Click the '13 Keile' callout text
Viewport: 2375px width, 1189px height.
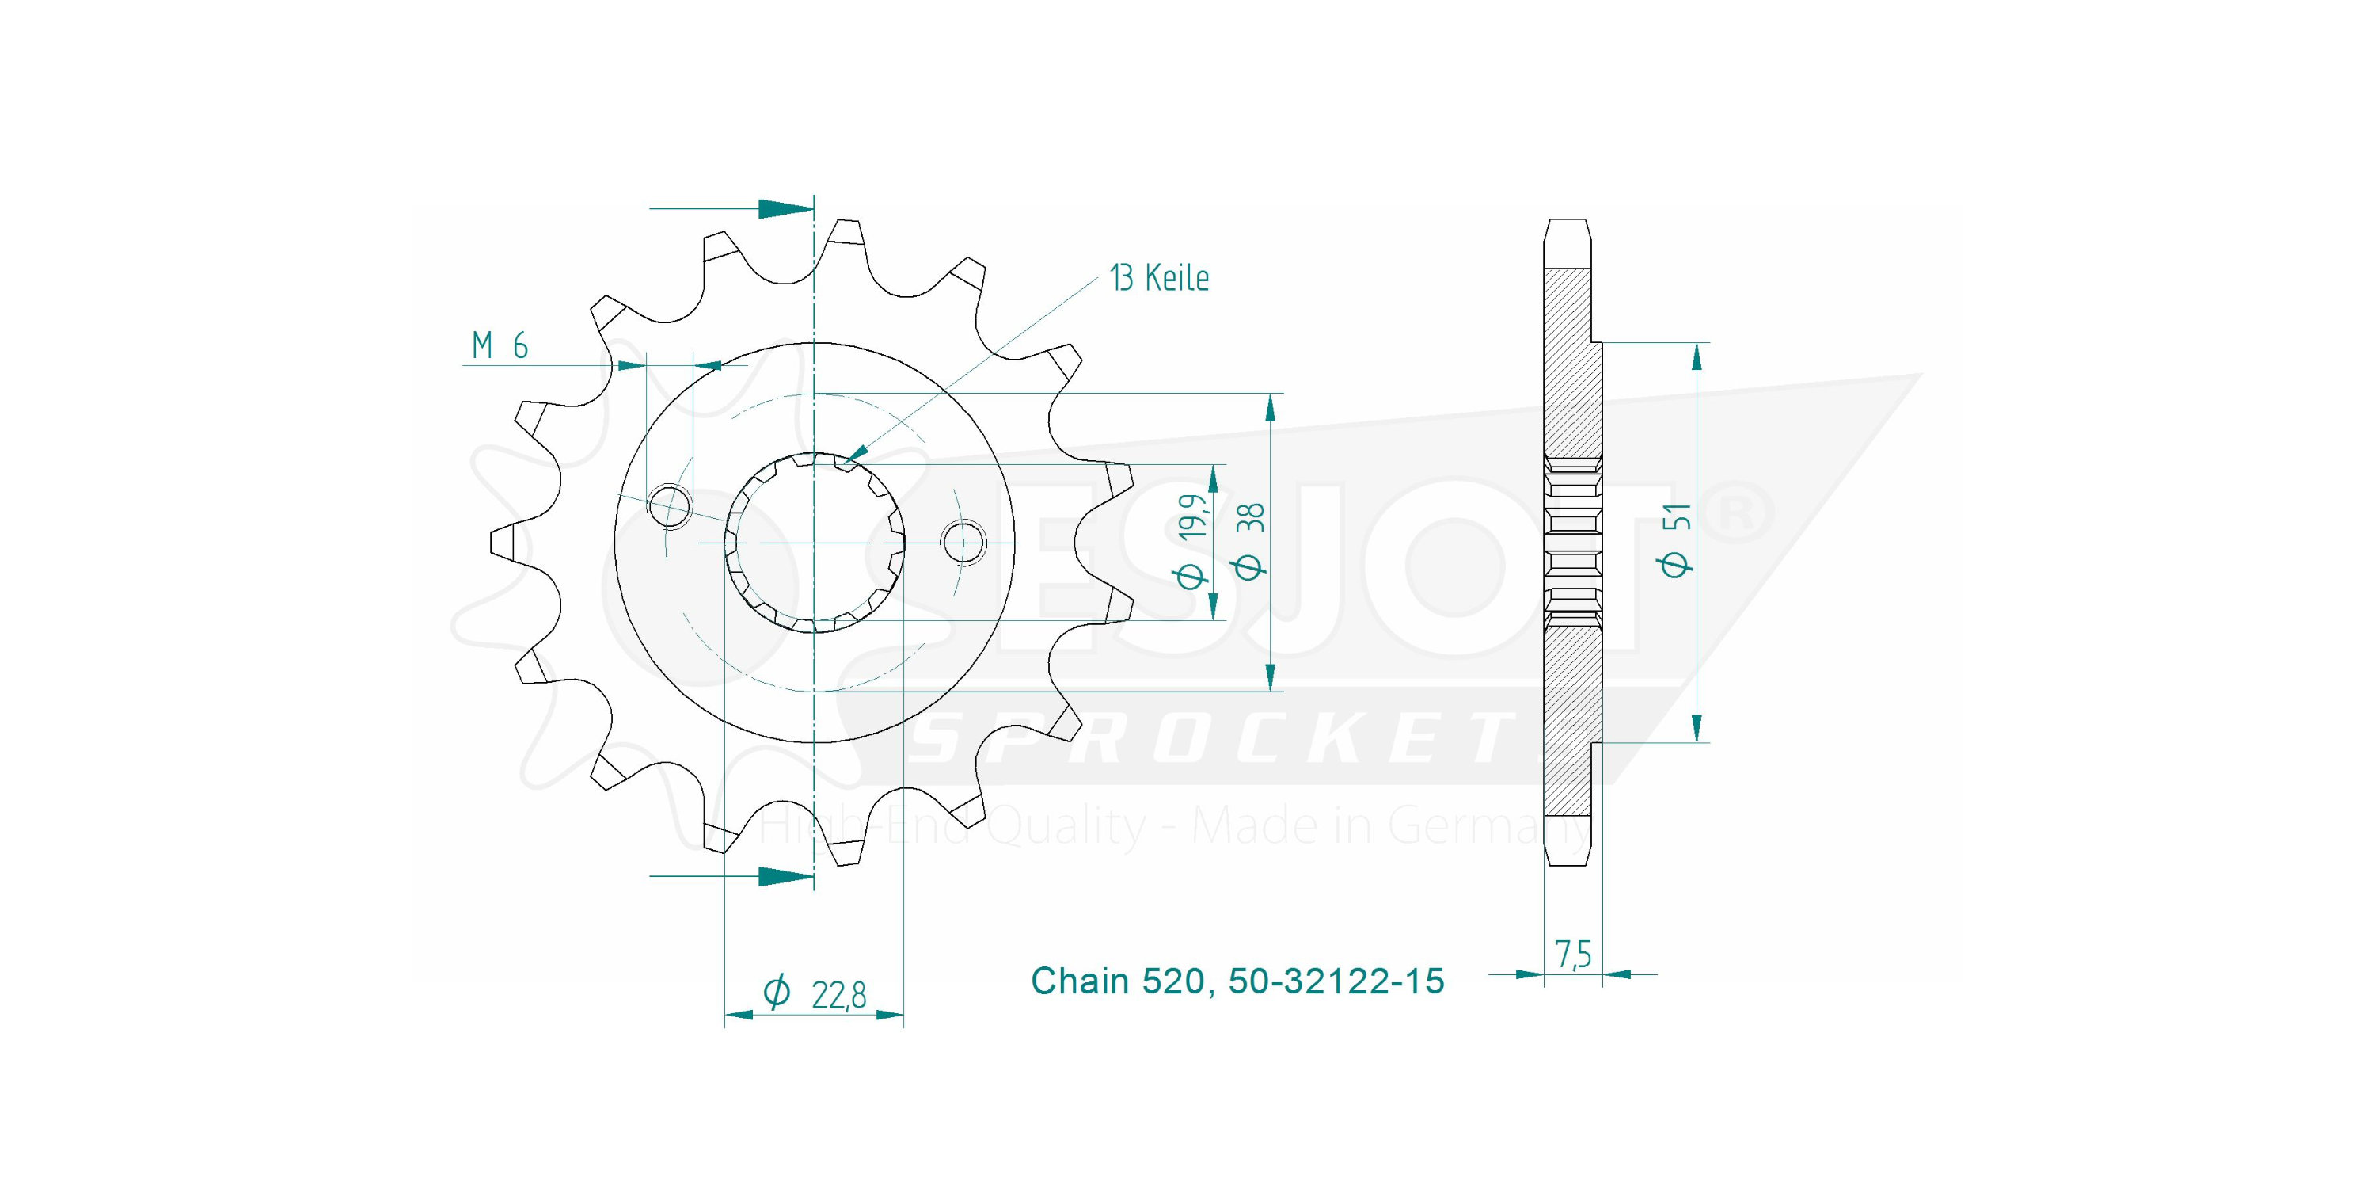tap(1159, 278)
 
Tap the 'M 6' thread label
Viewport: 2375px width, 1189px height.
tap(500, 346)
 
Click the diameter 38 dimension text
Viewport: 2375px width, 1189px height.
tap(1251, 540)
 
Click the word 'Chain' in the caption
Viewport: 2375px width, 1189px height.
tap(1080, 981)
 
